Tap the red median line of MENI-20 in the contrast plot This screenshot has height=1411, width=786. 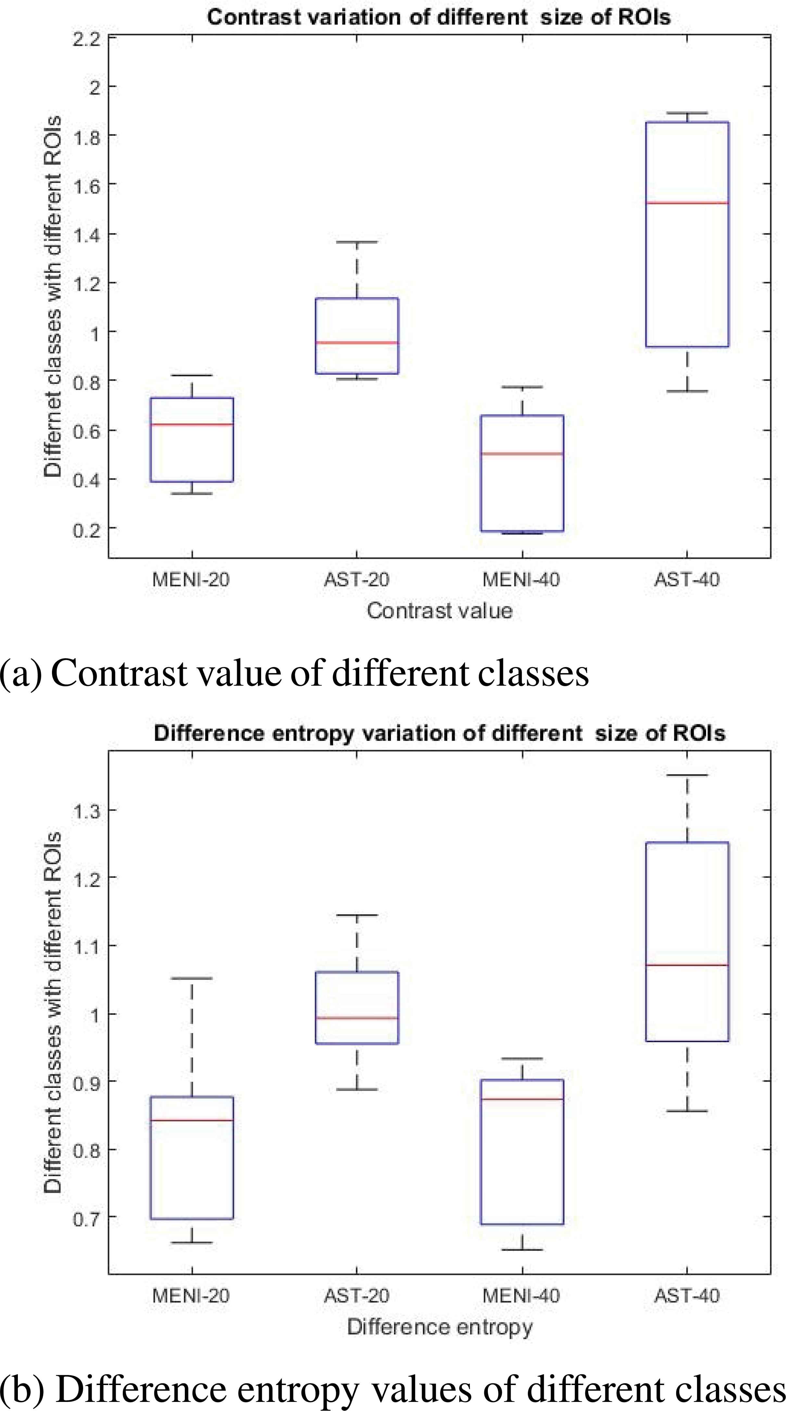pos(192,424)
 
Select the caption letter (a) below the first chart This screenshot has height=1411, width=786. pos(21,673)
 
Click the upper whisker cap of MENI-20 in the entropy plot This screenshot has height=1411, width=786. pos(192,978)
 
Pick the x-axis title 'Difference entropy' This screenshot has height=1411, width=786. pos(440,1327)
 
